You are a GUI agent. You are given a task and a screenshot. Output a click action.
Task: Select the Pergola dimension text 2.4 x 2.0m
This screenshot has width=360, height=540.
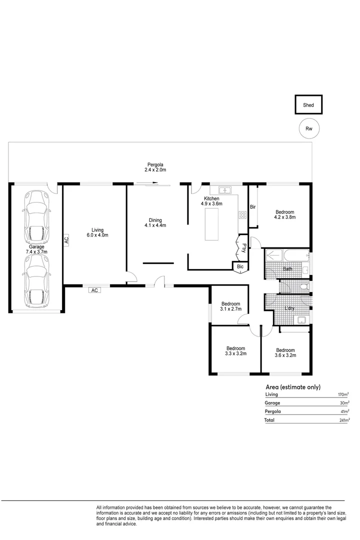[155, 170]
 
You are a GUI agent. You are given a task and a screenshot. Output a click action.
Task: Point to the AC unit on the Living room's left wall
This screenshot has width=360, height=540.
[66, 239]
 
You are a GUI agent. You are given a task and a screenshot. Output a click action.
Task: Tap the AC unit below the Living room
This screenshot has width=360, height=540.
[94, 290]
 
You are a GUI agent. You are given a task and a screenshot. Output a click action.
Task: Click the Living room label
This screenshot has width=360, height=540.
[97, 232]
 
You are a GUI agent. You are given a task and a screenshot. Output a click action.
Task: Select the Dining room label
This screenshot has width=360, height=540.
[155, 222]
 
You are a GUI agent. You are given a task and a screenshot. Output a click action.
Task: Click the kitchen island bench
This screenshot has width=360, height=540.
[211, 224]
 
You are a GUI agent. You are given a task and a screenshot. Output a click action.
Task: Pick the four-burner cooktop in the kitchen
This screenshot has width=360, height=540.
[242, 215]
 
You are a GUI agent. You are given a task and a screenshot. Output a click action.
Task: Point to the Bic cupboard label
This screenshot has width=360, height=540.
[240, 266]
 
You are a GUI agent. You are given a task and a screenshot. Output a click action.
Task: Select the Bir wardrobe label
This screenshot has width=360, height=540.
[253, 206]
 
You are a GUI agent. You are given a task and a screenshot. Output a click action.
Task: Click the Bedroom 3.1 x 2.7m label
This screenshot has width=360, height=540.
[231, 306]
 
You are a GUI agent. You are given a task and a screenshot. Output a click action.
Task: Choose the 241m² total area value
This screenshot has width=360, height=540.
[344, 420]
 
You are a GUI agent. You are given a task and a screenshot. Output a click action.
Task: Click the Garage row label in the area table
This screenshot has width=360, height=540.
[272, 403]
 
